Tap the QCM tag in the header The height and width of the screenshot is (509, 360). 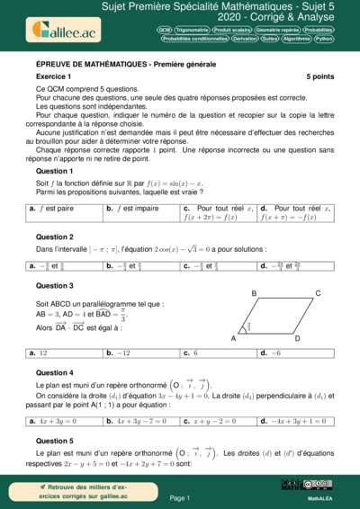click(165, 30)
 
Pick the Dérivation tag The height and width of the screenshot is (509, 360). click(240, 40)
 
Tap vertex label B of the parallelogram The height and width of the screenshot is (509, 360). click(255, 294)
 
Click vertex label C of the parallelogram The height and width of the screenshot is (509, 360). click(318, 293)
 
